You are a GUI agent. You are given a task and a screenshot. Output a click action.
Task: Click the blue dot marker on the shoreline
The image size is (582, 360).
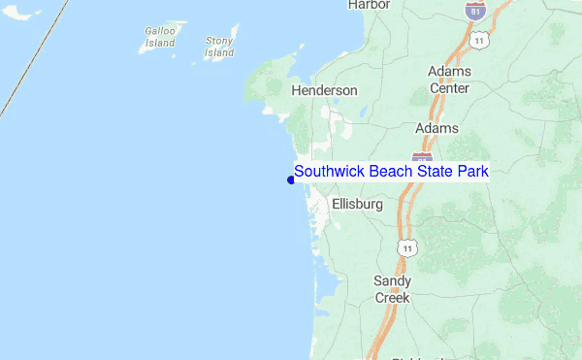coord(291,180)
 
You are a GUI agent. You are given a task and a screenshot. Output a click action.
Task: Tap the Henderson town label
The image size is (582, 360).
coord(324,90)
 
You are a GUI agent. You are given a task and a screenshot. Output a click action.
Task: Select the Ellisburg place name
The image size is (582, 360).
coord(357,205)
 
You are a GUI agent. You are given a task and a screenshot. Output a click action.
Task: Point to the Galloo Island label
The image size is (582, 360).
coord(160,37)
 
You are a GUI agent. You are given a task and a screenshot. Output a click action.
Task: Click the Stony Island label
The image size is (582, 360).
coord(220,47)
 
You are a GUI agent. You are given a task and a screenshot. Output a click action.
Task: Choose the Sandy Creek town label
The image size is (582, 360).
coord(392,289)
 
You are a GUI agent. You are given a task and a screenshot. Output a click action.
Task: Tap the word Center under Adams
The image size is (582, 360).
coord(449,88)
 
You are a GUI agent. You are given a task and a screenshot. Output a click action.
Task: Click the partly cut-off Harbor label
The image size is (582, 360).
coord(369,5)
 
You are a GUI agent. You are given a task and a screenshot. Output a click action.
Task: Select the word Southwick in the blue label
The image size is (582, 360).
coord(330,172)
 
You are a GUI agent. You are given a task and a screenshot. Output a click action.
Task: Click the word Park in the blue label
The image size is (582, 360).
coord(473,172)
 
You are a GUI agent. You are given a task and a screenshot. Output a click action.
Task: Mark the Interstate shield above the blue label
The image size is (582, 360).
coord(422,156)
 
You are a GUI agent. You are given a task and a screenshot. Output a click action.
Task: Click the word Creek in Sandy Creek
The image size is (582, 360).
coord(392,298)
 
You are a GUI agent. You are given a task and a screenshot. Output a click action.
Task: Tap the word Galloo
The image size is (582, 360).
coord(160,31)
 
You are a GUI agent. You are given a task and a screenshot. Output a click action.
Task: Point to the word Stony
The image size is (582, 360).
coord(220,41)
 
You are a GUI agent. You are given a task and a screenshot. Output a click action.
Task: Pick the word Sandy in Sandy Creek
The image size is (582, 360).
coord(392,281)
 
